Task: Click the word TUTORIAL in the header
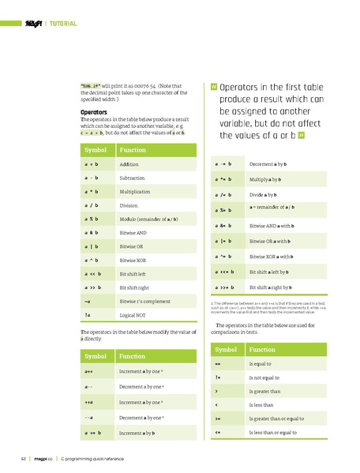click(x=62, y=24)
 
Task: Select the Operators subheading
click(x=94, y=113)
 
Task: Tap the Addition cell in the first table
click(x=129, y=164)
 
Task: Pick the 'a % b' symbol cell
click(x=91, y=219)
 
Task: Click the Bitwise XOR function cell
click(x=133, y=260)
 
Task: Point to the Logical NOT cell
click(x=133, y=314)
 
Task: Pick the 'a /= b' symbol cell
click(x=224, y=194)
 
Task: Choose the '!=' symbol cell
click(x=217, y=377)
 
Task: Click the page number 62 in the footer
click(x=25, y=459)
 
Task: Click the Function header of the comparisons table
click(x=264, y=349)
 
